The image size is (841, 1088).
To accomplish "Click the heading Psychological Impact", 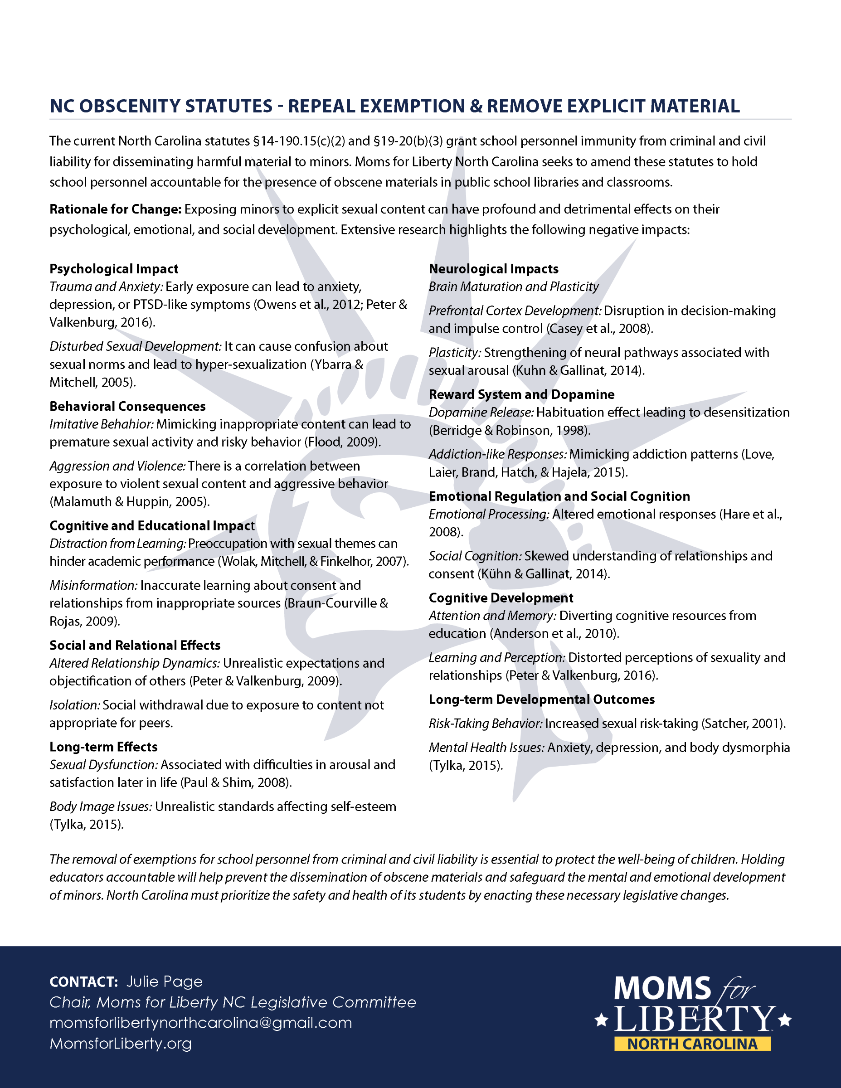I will (114, 269).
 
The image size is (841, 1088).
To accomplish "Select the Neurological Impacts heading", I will (493, 269).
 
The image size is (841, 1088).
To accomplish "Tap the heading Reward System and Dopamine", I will (521, 394).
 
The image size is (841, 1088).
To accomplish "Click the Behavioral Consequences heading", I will (127, 407).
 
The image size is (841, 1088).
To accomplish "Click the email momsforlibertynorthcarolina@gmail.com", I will (200, 1023).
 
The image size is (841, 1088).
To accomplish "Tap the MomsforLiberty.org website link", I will (120, 1043).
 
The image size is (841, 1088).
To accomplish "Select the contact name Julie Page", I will (165, 981).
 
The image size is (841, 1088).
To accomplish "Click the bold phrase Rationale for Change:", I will (115, 209).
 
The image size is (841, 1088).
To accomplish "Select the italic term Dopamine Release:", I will (481, 413).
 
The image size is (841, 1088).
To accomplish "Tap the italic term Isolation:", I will (74, 705).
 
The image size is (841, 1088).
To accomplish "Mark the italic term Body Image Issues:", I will (100, 807).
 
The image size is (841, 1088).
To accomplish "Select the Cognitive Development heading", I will (501, 598).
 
